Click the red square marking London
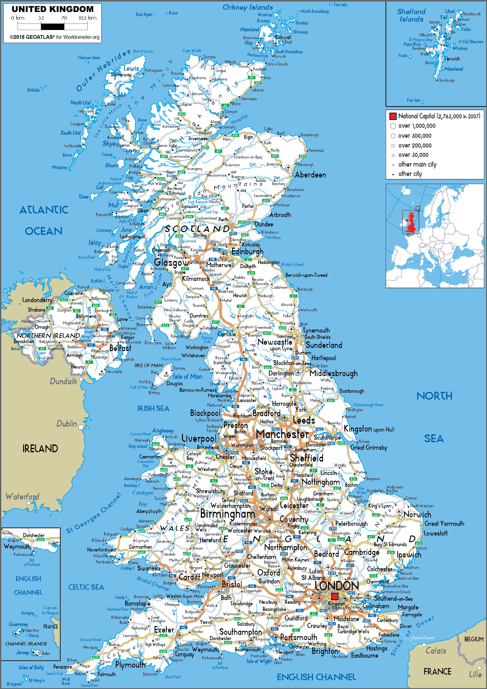click(x=334, y=596)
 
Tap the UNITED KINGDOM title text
click(x=53, y=9)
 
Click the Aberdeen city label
click(x=310, y=175)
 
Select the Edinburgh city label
click(x=247, y=252)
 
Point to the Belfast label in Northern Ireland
click(x=120, y=348)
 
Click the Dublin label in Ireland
click(x=66, y=424)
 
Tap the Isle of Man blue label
click(x=187, y=377)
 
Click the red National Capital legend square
click(x=393, y=116)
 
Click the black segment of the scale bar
click(x=52, y=26)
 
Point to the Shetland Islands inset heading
click(x=411, y=15)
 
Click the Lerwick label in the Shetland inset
click(x=452, y=59)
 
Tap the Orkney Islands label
click(x=247, y=7)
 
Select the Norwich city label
click(x=417, y=515)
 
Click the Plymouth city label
click(x=130, y=665)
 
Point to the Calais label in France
click(x=436, y=651)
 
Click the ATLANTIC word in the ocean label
click(x=44, y=210)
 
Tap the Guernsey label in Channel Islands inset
click(x=18, y=624)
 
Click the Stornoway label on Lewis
click(x=121, y=75)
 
